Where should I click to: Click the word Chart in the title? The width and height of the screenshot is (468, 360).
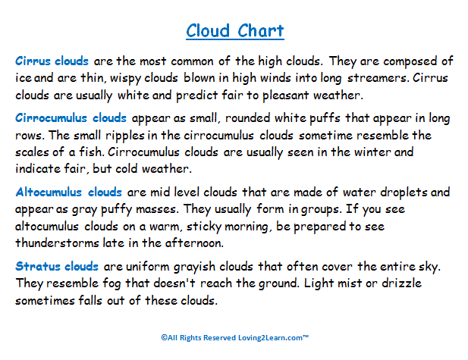pos(261,30)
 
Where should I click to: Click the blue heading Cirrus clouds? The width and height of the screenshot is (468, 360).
pos(52,61)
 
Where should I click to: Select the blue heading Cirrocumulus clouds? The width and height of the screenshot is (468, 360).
pos(71,117)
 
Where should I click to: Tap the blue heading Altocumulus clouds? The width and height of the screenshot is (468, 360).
pos(69,192)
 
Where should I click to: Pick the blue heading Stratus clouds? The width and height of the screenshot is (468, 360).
pos(57,266)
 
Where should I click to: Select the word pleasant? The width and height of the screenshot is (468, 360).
pos(285,96)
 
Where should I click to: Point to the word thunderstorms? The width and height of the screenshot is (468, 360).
pos(57,243)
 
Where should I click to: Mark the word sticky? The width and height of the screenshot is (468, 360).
pos(204,227)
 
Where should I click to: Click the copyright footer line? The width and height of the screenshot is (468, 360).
pos(235,337)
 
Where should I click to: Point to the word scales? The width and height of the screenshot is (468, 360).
pos(32,152)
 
